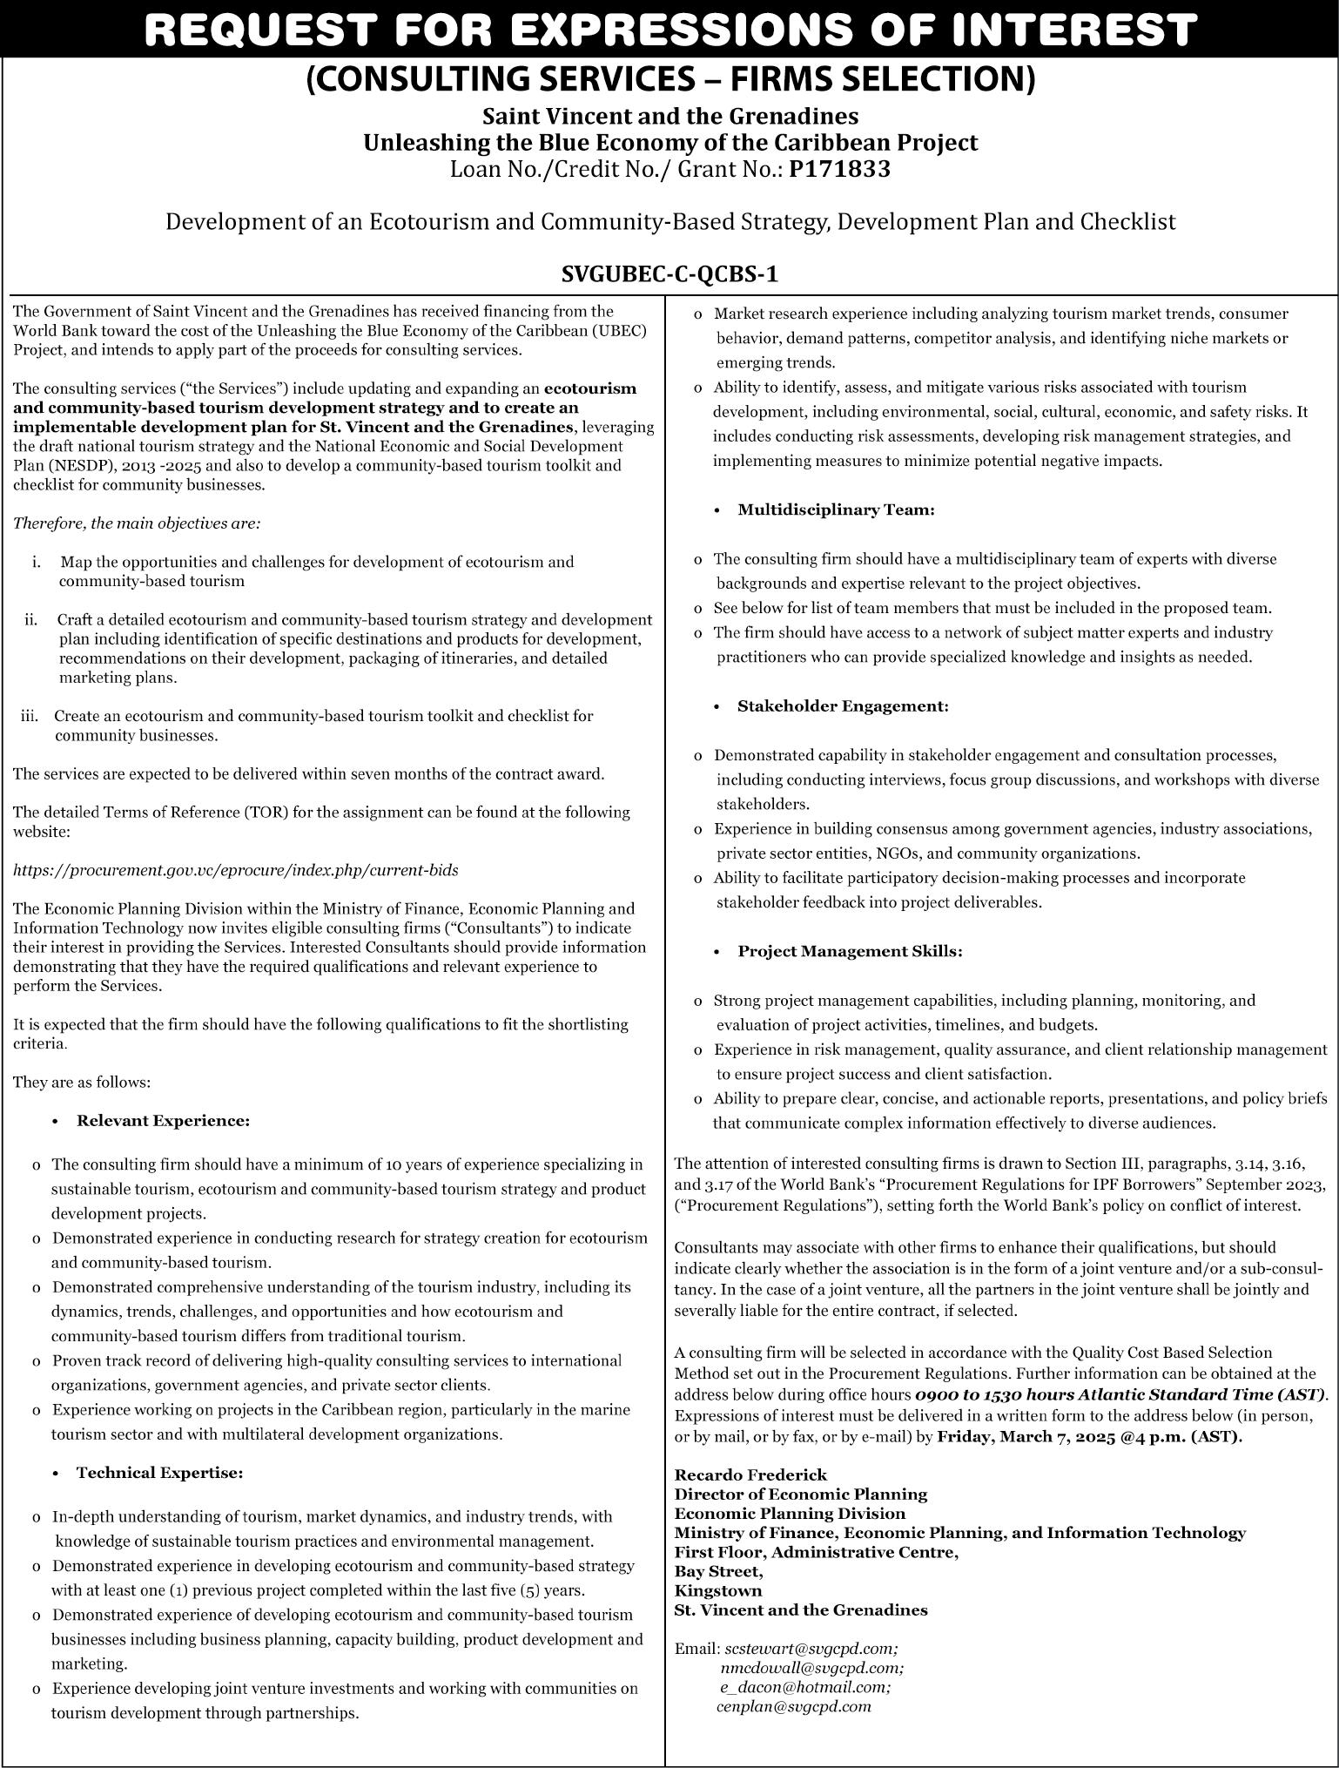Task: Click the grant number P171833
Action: [x=839, y=169]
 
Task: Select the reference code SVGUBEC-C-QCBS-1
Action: [x=669, y=274]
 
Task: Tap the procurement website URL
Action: [x=235, y=870]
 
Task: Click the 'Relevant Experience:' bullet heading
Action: [x=163, y=1121]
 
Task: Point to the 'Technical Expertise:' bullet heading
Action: [x=159, y=1474]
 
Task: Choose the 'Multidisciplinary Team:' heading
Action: [x=836, y=510]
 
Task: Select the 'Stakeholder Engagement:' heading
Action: [x=842, y=706]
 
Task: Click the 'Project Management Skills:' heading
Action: [x=850, y=952]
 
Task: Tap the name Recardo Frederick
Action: [x=750, y=1474]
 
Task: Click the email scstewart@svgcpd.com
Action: [x=811, y=1649]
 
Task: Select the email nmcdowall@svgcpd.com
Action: [x=811, y=1668]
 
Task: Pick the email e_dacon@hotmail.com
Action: [x=804, y=1687]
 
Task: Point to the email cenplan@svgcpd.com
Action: [x=793, y=1706]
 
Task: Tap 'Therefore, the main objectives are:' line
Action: [x=137, y=523]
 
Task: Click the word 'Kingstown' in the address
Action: [x=718, y=1590]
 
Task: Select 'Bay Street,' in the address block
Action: [x=718, y=1571]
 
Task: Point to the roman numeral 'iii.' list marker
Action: [x=30, y=716]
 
